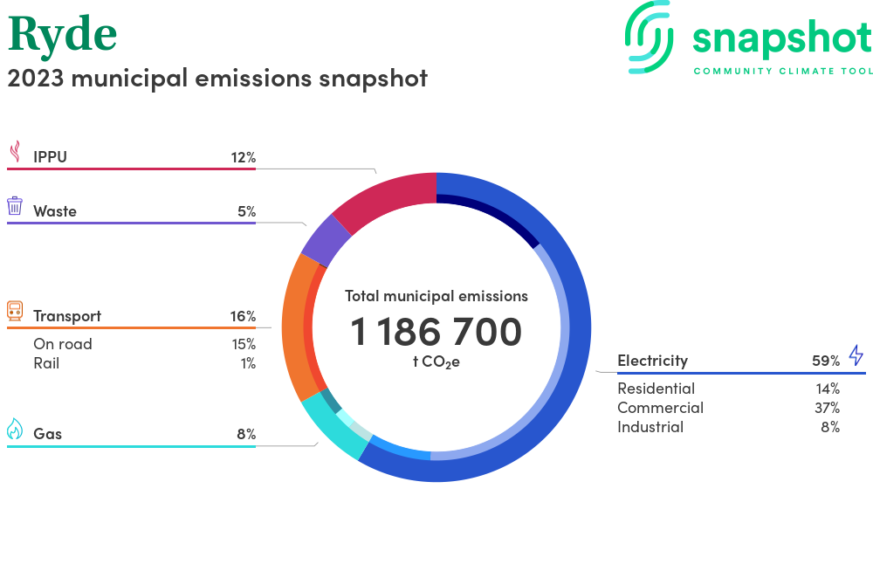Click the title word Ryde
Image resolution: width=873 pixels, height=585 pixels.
(62, 35)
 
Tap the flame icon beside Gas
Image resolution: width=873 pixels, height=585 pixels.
(15, 429)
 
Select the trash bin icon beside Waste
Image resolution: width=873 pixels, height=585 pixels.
(15, 206)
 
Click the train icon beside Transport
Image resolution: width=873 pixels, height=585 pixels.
(15, 311)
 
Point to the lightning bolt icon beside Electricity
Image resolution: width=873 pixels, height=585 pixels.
(856, 355)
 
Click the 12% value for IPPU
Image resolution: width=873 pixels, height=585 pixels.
(243, 157)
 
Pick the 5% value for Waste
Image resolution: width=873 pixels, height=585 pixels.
(246, 211)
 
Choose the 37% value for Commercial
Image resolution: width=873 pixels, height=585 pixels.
(826, 408)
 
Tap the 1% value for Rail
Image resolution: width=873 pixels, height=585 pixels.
(248, 363)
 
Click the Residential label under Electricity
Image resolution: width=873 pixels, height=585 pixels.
(656, 389)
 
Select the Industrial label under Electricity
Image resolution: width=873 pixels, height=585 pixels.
(650, 427)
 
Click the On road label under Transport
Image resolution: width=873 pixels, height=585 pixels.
(63, 344)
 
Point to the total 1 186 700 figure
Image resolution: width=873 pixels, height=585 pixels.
(436, 332)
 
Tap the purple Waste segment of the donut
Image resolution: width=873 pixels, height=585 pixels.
(326, 239)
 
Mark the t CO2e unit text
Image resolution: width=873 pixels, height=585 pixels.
(436, 361)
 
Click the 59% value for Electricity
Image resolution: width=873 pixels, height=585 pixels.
(826, 361)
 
